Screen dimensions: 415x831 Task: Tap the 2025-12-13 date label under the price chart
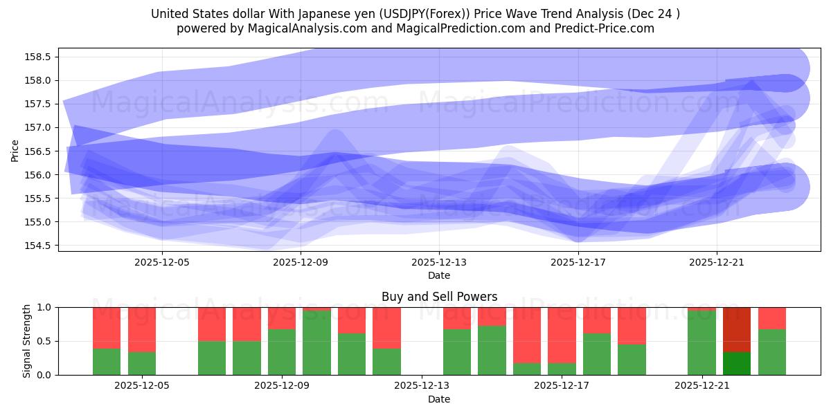click(x=439, y=263)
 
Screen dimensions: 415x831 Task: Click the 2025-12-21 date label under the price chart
click(x=716, y=263)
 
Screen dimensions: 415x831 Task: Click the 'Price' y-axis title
click(x=15, y=150)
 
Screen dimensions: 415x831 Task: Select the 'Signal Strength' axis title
click(x=26, y=341)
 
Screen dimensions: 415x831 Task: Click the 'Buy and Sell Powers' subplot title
click(x=439, y=297)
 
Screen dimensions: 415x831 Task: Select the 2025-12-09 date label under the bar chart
click(x=282, y=386)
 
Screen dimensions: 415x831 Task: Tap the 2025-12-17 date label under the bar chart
click(x=562, y=386)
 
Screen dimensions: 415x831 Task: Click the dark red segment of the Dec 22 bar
click(x=737, y=329)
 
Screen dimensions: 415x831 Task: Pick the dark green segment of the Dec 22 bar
click(x=737, y=363)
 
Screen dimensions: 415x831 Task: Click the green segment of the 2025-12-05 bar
click(x=142, y=363)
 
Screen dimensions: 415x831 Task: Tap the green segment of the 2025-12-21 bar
click(x=702, y=343)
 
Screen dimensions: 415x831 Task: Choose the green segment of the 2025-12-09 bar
click(x=282, y=352)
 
